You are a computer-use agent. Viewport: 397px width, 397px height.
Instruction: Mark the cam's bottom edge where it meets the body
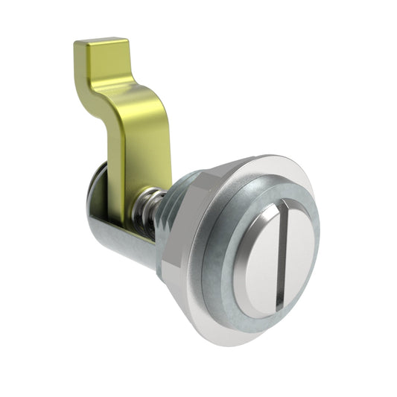click(x=134, y=228)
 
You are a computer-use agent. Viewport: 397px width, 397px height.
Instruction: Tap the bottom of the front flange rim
click(x=238, y=339)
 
